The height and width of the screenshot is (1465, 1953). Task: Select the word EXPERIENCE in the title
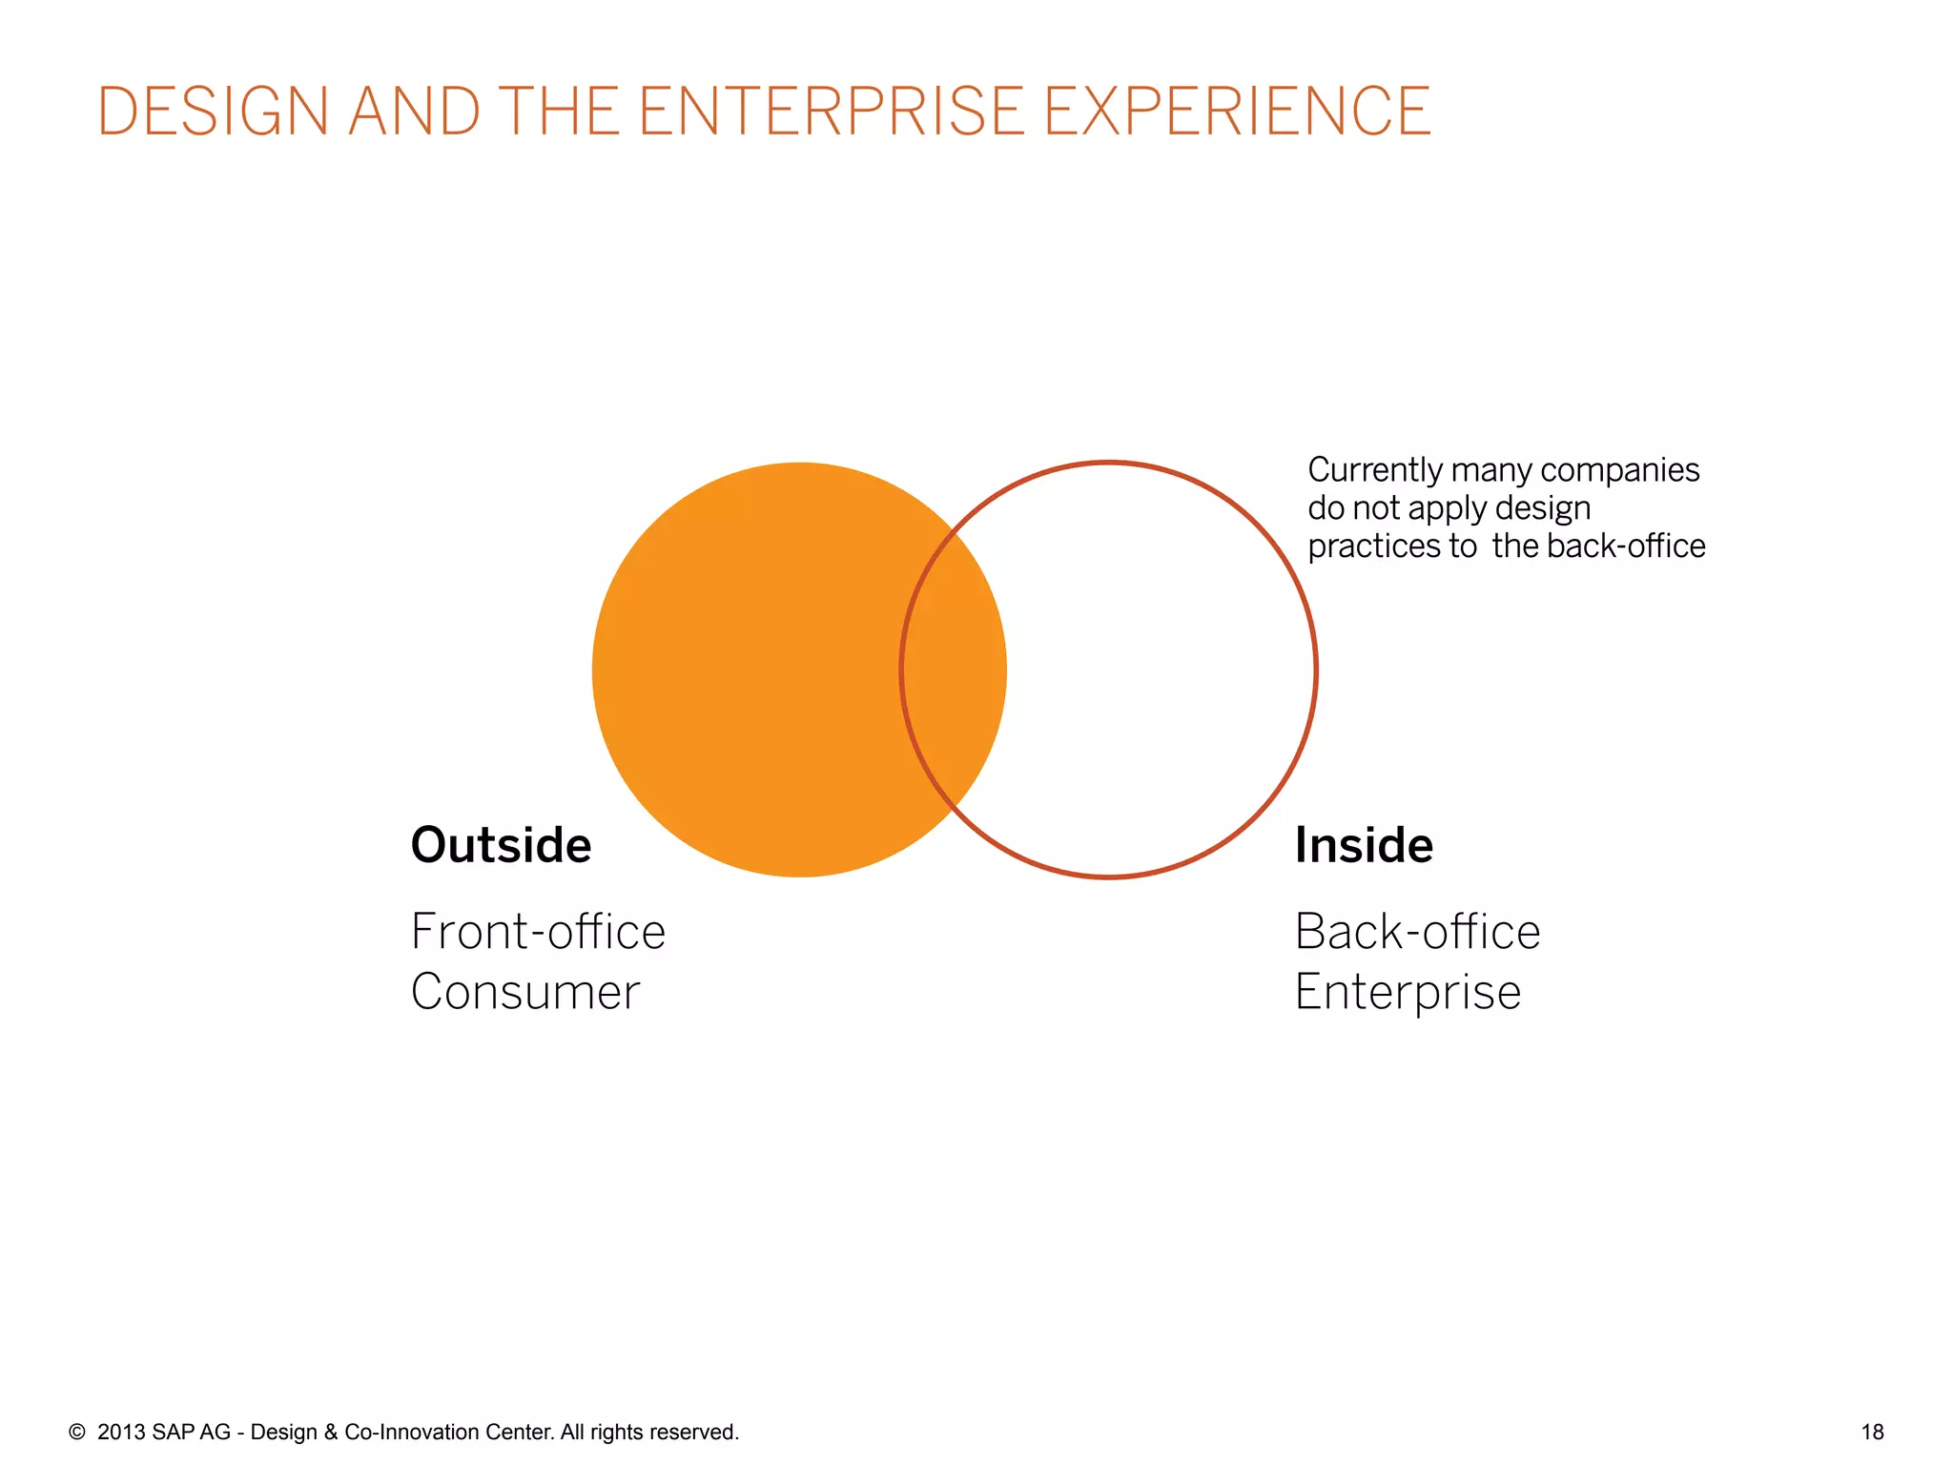[x=1237, y=112]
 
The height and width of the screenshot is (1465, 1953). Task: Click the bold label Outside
[x=501, y=845]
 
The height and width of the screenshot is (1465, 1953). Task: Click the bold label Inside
[x=1363, y=845]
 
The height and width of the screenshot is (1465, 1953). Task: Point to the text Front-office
[x=538, y=932]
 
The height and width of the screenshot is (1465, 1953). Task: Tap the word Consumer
[x=525, y=992]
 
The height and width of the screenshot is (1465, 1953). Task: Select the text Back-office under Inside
[x=1417, y=932]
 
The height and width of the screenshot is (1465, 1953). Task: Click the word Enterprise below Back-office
[x=1408, y=992]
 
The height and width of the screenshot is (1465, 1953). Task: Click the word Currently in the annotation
[x=1374, y=470]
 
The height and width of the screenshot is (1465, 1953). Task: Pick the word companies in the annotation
[x=1619, y=470]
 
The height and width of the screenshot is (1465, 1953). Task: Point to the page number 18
[x=1872, y=1432]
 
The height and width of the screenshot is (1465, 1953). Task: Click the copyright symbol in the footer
[x=77, y=1432]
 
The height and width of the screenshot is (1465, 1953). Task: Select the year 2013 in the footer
[x=121, y=1432]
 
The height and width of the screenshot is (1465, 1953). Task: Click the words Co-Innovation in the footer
[x=412, y=1432]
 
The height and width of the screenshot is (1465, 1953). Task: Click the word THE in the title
[x=559, y=112]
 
